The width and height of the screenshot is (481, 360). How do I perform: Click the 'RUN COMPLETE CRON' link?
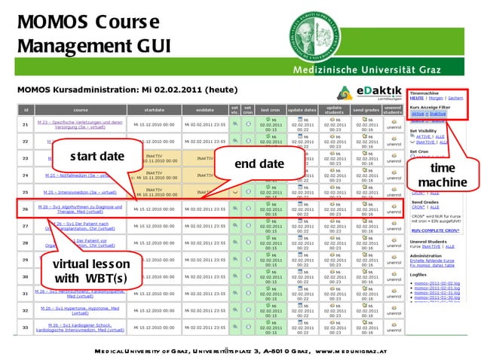click(435, 227)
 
